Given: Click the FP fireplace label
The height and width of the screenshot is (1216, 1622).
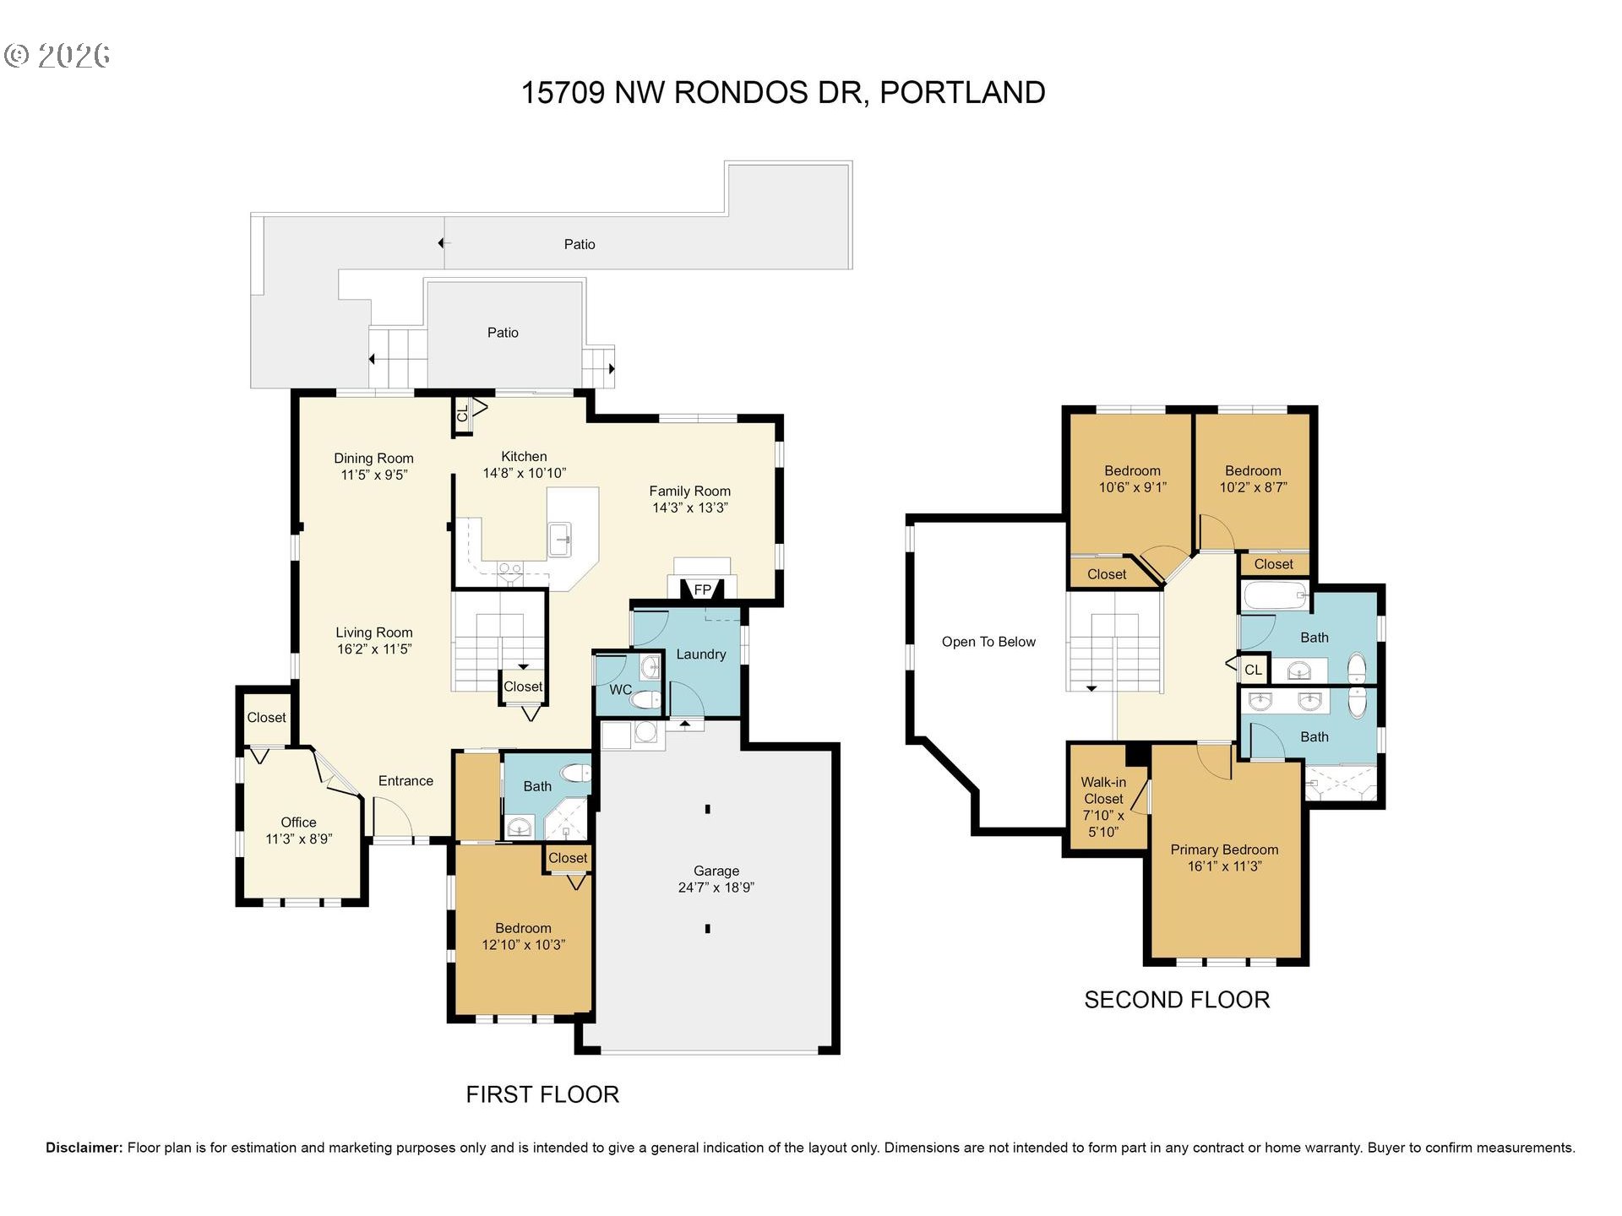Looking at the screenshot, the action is tap(703, 589).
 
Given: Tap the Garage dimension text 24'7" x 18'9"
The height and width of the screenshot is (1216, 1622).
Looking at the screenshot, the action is tap(716, 888).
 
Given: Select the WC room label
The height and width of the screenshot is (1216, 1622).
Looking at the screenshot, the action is tap(621, 690).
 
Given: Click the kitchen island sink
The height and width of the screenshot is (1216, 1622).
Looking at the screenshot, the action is tap(560, 538).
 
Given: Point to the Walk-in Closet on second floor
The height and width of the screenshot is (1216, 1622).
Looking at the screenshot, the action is tap(1104, 806).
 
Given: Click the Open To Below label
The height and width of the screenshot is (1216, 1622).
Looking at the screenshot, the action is tap(988, 642).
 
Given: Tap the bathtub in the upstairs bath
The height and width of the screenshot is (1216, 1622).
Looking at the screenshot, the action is tap(1276, 596).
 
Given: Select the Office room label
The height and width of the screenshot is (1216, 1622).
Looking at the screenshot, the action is tap(298, 822).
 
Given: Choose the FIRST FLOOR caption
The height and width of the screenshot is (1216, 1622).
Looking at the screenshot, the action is tap(542, 1094).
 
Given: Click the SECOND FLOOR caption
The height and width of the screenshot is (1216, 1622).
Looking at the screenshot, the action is tap(1177, 1000).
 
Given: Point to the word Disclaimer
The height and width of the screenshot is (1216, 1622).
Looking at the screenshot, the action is tap(84, 1148).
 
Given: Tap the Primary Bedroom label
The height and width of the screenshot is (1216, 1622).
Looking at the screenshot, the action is tap(1224, 850).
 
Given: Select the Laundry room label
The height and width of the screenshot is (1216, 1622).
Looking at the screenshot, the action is tap(701, 654).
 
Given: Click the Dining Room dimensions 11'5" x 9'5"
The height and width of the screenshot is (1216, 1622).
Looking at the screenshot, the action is tap(374, 475).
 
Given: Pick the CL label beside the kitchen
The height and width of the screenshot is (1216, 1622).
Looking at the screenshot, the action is tap(462, 414).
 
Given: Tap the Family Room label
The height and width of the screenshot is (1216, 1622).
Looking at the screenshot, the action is tap(690, 491).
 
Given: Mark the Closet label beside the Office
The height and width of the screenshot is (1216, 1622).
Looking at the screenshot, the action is tap(266, 718).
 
